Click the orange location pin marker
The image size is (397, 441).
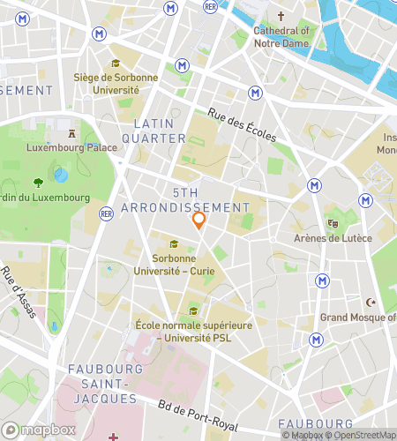(198, 220)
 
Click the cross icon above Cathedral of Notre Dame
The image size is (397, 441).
(281, 17)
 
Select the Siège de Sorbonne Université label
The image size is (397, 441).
(116, 83)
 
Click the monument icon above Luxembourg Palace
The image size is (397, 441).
(71, 133)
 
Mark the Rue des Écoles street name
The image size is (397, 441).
(242, 124)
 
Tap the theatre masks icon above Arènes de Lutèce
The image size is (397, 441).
(333, 223)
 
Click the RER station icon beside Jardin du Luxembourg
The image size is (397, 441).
(107, 213)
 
